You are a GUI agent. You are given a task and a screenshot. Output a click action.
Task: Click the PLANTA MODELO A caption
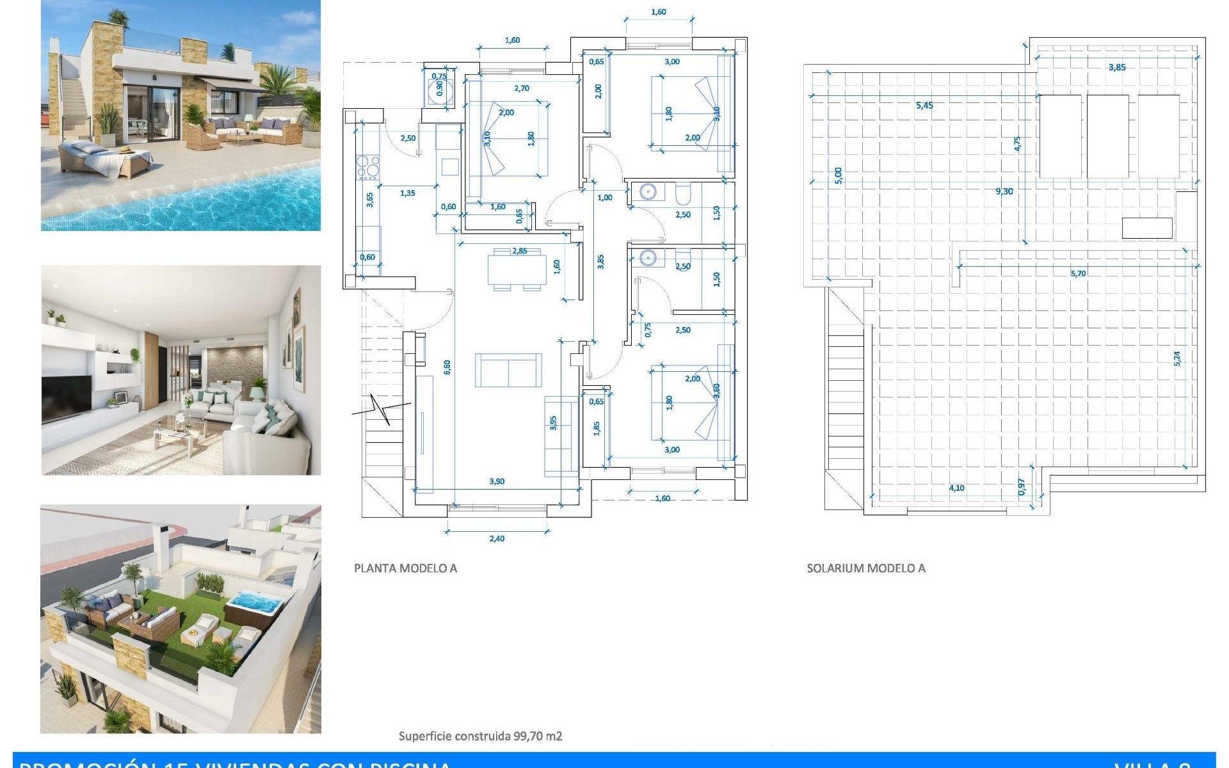pyautogui.click(x=405, y=568)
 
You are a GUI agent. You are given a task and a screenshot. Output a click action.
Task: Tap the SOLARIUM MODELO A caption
pyautogui.click(x=865, y=568)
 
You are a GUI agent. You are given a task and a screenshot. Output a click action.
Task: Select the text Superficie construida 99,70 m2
pyautogui.click(x=480, y=736)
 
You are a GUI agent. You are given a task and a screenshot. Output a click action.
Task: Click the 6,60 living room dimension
pyautogui.click(x=447, y=367)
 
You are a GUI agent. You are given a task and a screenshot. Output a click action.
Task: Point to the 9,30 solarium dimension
pyautogui.click(x=1004, y=191)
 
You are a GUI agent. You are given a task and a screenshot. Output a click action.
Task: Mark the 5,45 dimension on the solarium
pyautogui.click(x=924, y=106)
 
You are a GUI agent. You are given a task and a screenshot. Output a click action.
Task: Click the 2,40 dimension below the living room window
pyautogui.click(x=497, y=538)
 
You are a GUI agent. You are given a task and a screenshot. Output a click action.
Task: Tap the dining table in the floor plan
pyautogui.click(x=517, y=269)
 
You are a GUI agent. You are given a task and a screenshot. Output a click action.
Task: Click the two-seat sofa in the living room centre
pyautogui.click(x=508, y=371)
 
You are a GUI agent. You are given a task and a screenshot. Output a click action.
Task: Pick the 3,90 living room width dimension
pyautogui.click(x=497, y=481)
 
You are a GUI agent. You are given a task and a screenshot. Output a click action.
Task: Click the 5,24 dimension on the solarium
pyautogui.click(x=1177, y=358)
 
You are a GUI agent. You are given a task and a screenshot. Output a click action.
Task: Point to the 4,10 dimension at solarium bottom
pyautogui.click(x=956, y=488)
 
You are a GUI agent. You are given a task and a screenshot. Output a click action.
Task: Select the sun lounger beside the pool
pyautogui.click(x=102, y=160)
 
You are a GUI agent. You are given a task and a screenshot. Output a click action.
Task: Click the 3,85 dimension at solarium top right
pyautogui.click(x=1116, y=67)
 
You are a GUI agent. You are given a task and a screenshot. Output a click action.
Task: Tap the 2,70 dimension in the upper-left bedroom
pyautogui.click(x=522, y=88)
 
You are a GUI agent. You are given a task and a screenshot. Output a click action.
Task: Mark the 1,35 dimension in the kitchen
pyautogui.click(x=407, y=193)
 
